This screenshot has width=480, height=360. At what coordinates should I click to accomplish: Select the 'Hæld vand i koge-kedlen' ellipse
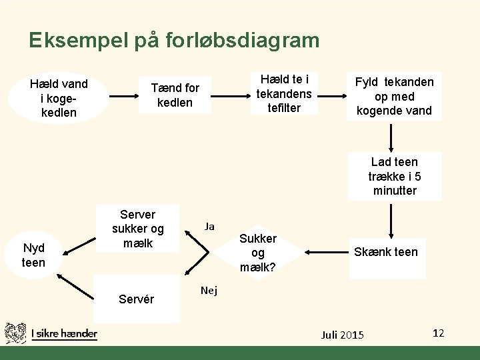(x=59, y=98)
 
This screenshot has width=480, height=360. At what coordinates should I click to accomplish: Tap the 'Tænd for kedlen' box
(x=175, y=95)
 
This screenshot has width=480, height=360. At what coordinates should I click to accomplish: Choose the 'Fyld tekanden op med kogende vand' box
(x=394, y=96)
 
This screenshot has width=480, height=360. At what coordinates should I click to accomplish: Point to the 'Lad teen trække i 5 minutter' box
(x=395, y=177)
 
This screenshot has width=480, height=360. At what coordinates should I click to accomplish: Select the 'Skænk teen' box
(x=395, y=252)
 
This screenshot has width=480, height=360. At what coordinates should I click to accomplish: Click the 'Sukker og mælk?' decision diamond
(x=258, y=253)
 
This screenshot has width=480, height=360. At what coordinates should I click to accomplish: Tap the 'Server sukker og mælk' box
(x=138, y=229)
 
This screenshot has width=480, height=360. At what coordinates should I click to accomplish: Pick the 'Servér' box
(x=137, y=299)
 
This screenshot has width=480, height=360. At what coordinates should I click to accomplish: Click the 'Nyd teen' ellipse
(x=33, y=255)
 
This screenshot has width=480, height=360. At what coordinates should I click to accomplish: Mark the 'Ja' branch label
(x=209, y=227)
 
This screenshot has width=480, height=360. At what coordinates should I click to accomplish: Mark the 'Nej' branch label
(x=209, y=291)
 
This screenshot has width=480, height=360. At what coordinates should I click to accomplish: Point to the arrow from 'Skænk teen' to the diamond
(x=328, y=252)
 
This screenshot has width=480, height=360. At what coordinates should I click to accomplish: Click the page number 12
(x=438, y=333)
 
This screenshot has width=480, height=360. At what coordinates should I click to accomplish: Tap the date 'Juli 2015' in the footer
(x=342, y=334)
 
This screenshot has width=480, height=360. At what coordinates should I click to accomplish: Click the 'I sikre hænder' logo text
(x=64, y=333)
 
